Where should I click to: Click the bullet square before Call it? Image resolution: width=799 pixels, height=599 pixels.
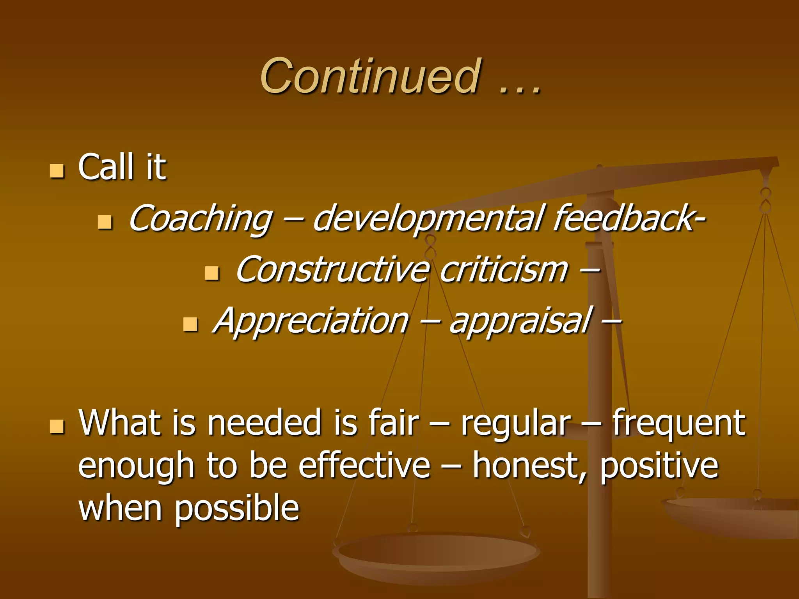coord(57,171)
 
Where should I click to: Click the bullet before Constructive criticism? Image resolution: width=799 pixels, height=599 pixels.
coord(212,273)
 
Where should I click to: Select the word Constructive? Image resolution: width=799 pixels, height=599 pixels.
coord(332,270)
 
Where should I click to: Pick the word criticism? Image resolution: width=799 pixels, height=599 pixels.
coord(504,270)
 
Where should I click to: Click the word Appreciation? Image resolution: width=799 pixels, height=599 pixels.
coord(311,321)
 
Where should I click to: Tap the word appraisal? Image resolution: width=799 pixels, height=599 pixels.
coord(521,321)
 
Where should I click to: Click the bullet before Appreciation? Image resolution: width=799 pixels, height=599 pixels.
coord(190,324)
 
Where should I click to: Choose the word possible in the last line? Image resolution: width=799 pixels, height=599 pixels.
coord(236,509)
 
